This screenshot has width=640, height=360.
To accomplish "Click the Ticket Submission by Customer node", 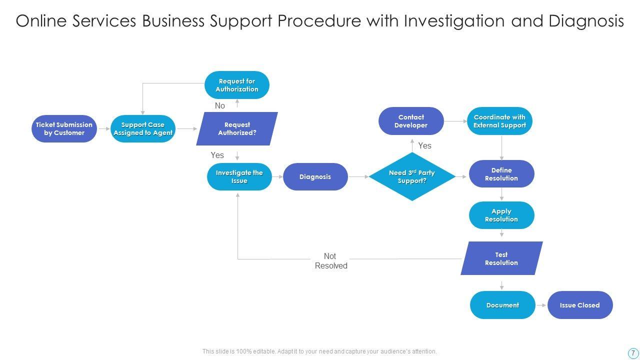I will pos(64,129).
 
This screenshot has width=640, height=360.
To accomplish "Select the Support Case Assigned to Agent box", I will pos(143,129).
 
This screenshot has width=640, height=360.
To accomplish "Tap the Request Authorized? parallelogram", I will pos(237,129).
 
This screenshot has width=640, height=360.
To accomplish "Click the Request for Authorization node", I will pos(237,85).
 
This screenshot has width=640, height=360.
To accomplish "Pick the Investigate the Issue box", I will pos(239,177).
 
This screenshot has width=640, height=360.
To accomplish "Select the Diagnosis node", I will pos(315,177).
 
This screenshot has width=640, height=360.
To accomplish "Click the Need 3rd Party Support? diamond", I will pos(412,177).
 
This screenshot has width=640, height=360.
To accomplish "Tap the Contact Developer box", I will pos(411,121).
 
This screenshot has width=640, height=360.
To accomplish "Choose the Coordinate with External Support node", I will pos(500,121).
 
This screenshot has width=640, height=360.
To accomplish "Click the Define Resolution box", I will pos(501,174).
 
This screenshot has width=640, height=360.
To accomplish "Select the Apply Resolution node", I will pos(501,215).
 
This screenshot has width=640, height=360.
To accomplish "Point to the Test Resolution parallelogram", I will pos(501,258).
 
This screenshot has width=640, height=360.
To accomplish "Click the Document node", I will pos(502,305).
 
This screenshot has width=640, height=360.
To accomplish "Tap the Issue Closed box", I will pos(580,305).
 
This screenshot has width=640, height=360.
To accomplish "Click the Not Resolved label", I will pos(330,261).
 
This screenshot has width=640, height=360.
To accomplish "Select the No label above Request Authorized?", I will pos(220,105).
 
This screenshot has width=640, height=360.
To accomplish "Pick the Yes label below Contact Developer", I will pos(424,145).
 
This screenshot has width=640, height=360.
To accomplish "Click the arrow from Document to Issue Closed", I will pos(541,305).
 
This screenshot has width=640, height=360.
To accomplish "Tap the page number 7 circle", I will pos(633,352).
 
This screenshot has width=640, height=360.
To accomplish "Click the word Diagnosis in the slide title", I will pos(586,21).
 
